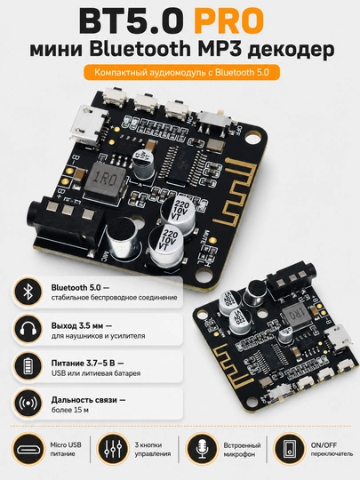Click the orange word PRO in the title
point(228,21)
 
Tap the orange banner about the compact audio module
point(181,73)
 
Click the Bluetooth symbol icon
point(28,292)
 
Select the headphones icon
point(28,330)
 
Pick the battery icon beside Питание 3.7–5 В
point(28,367)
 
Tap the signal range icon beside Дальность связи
point(28,404)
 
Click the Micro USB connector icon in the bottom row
point(28,449)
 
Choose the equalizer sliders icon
point(113,449)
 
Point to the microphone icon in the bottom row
point(202,449)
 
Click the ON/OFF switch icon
point(289,449)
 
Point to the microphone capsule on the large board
point(123,238)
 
